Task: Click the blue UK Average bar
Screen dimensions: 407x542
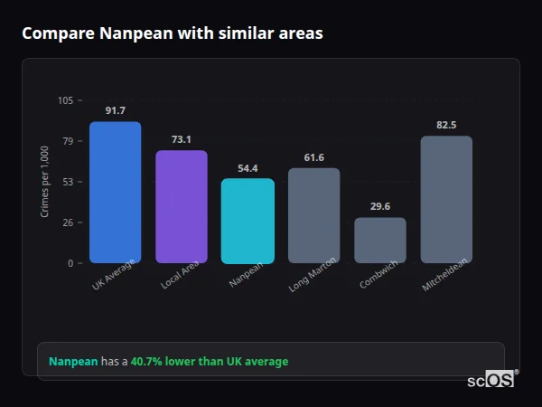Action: tap(115, 193)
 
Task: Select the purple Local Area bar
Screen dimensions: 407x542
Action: tap(182, 207)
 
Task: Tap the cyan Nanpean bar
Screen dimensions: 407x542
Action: tap(248, 221)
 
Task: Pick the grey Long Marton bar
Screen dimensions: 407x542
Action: tap(313, 215)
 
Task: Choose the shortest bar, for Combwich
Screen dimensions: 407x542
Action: tap(379, 241)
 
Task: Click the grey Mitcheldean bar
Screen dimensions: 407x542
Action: tap(446, 200)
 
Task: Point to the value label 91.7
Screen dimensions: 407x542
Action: tap(115, 110)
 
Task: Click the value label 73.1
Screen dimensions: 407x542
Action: tap(182, 139)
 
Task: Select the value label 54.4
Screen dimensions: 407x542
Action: tap(248, 168)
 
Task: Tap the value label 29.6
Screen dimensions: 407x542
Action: tap(379, 206)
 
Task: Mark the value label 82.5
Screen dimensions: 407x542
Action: tap(446, 125)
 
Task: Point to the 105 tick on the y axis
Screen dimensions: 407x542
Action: tap(65, 100)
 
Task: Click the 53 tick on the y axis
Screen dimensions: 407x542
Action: tap(68, 182)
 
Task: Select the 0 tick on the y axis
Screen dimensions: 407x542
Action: tap(70, 263)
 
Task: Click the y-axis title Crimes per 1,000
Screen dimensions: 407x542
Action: tap(44, 182)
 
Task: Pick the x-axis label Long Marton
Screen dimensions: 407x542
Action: tap(312, 275)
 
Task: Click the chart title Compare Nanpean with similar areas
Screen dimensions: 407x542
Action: tap(173, 33)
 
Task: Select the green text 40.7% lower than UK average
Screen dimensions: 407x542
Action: tap(210, 362)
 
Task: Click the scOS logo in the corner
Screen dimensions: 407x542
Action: tap(491, 380)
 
